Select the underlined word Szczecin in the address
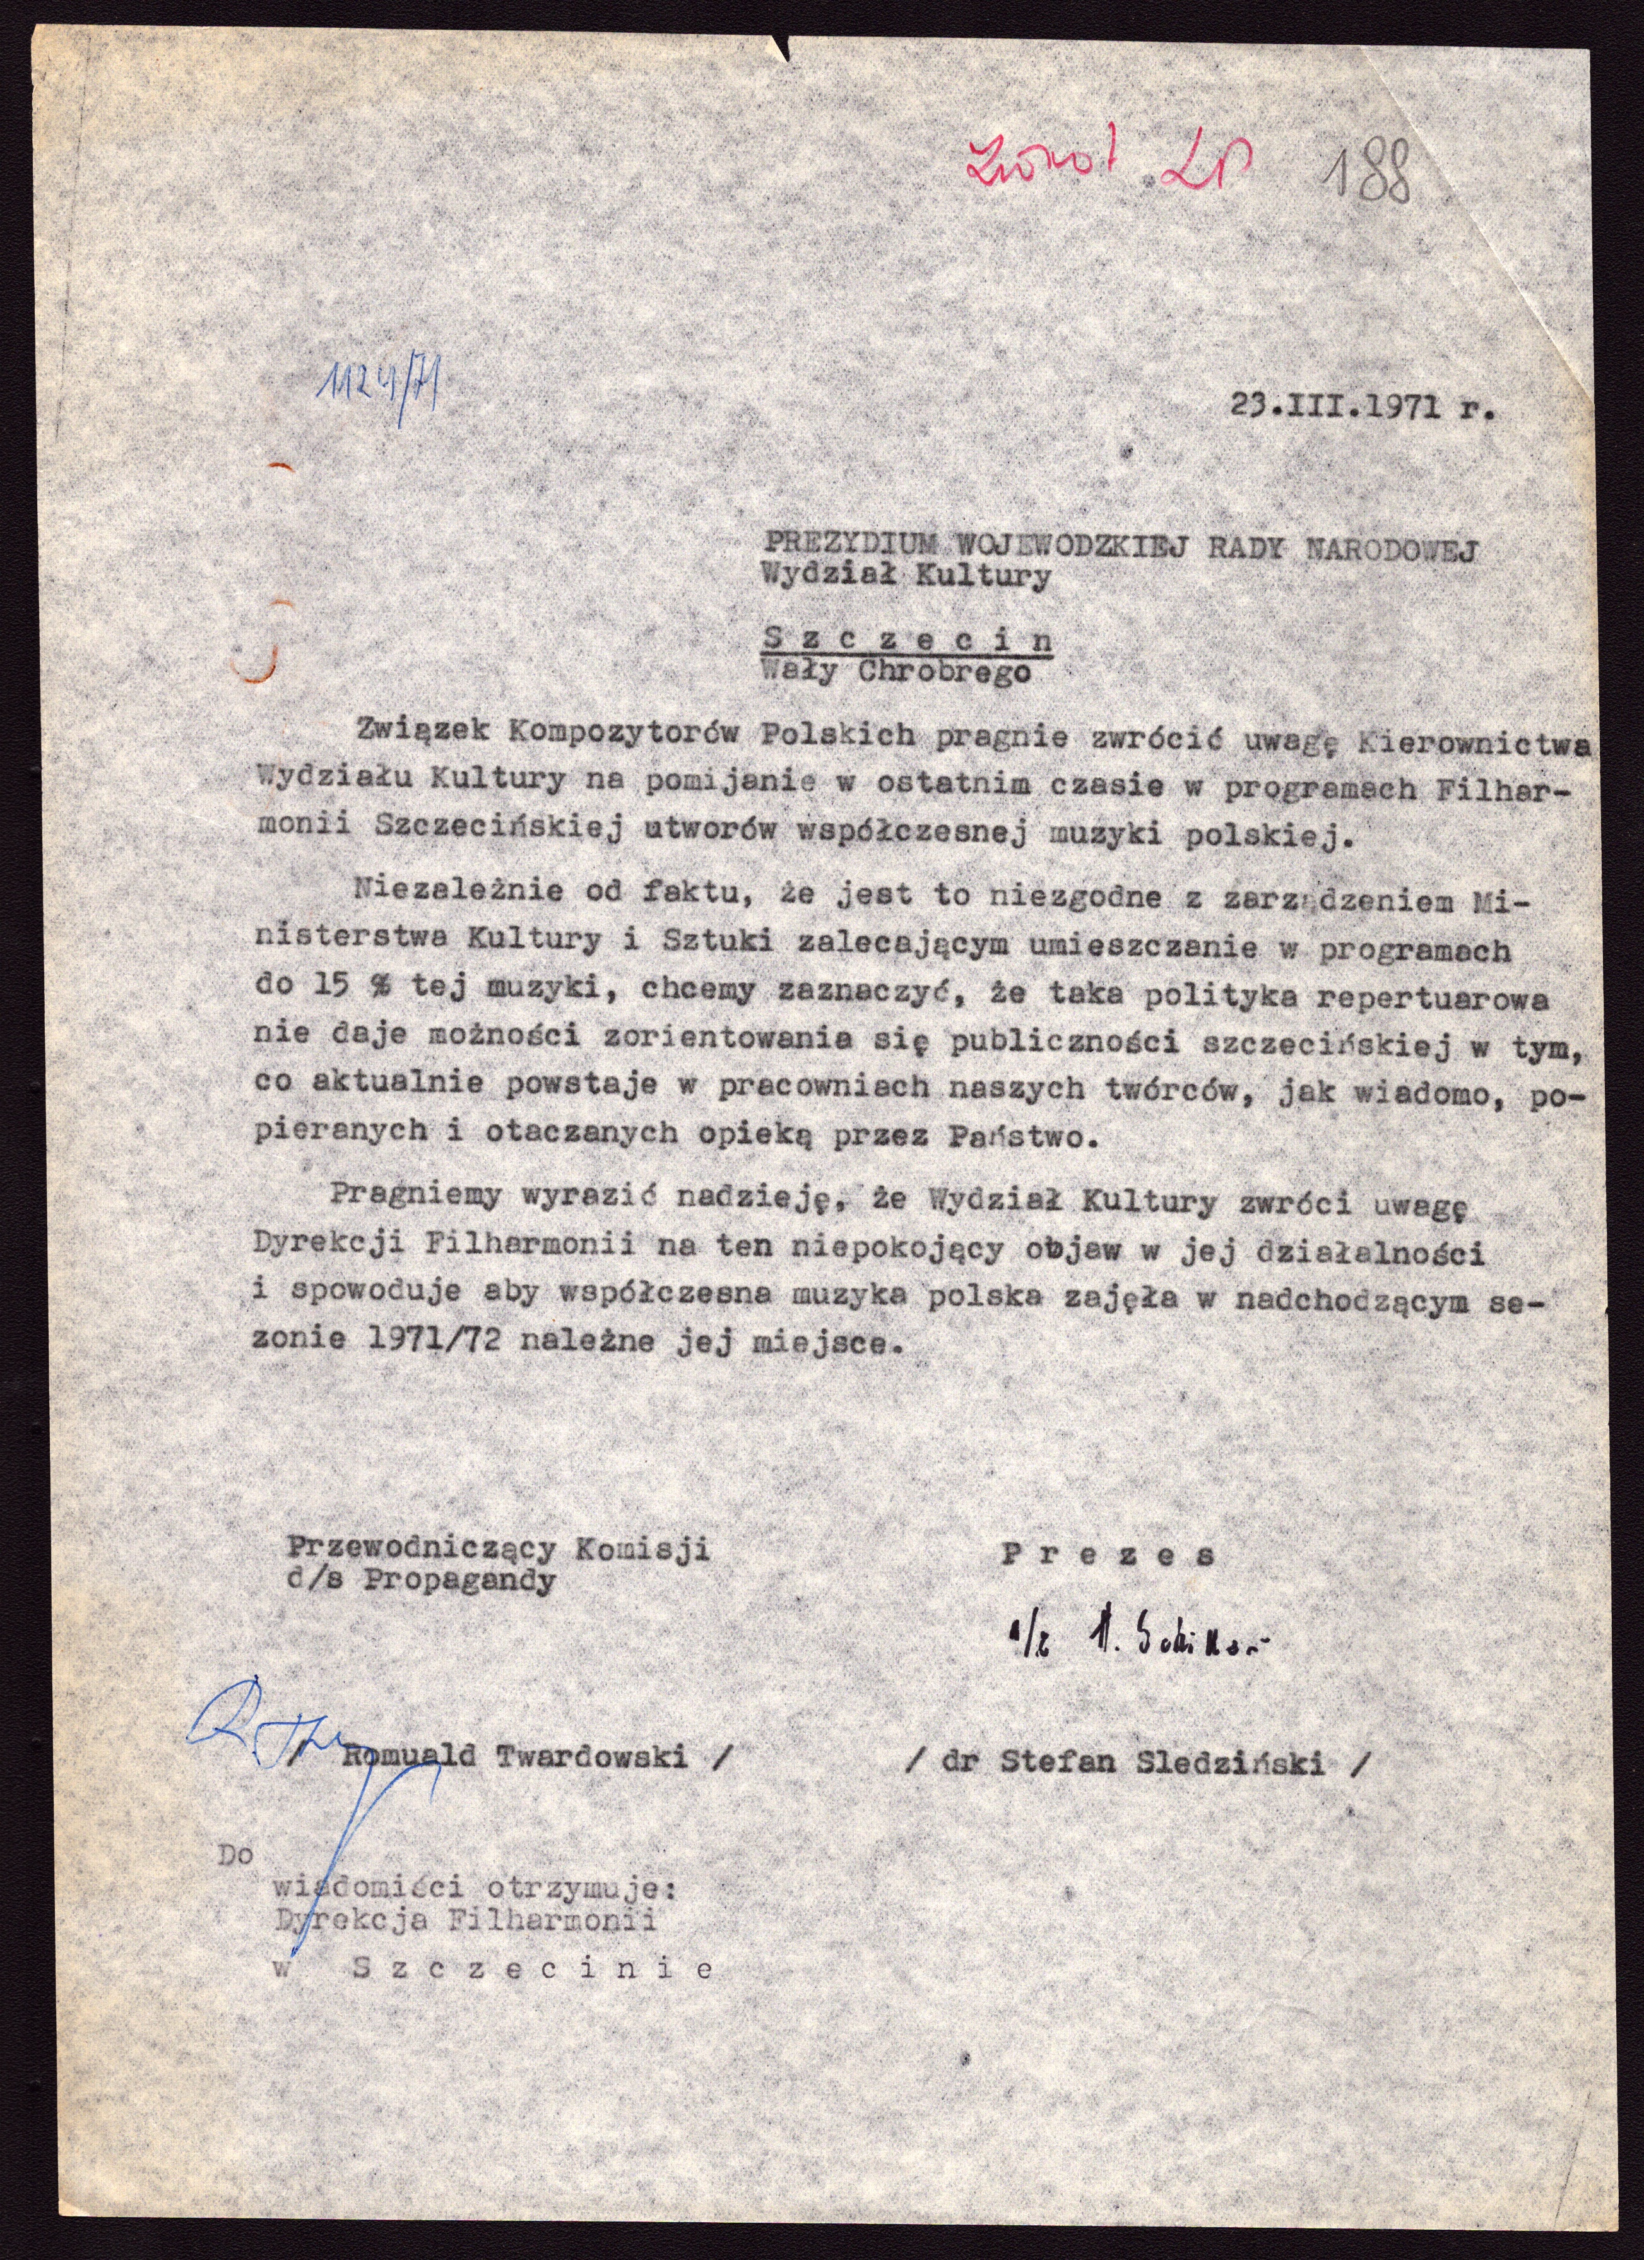pyautogui.click(x=906, y=639)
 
